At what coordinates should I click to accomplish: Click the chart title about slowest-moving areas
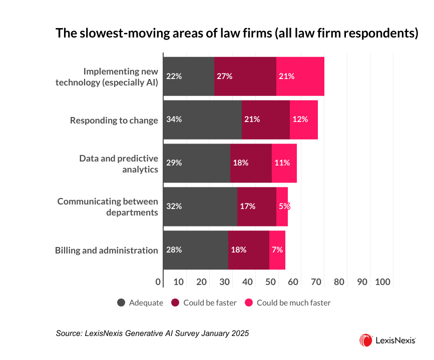tap(236, 33)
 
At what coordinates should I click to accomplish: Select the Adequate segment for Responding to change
tap(202, 119)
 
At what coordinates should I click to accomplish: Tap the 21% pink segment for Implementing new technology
tap(300, 76)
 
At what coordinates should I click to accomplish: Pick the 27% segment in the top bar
tap(245, 76)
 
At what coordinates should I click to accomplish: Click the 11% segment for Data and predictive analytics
tap(284, 163)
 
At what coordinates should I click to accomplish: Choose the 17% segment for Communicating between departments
tap(256, 206)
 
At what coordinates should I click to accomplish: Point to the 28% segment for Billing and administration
tap(195, 250)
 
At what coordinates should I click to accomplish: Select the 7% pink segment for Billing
tap(277, 250)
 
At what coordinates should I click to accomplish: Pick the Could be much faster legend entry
tap(287, 302)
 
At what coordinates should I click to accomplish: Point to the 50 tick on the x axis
tap(270, 282)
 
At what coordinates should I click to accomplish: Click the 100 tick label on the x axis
tap(382, 282)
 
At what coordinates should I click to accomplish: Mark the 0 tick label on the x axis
tap(158, 282)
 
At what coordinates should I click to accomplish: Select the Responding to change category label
tap(114, 120)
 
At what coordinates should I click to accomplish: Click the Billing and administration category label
tap(107, 250)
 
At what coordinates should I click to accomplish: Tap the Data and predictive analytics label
tap(119, 163)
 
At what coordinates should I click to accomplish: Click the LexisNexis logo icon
tap(365, 340)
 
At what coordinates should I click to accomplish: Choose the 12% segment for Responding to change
tap(303, 119)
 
